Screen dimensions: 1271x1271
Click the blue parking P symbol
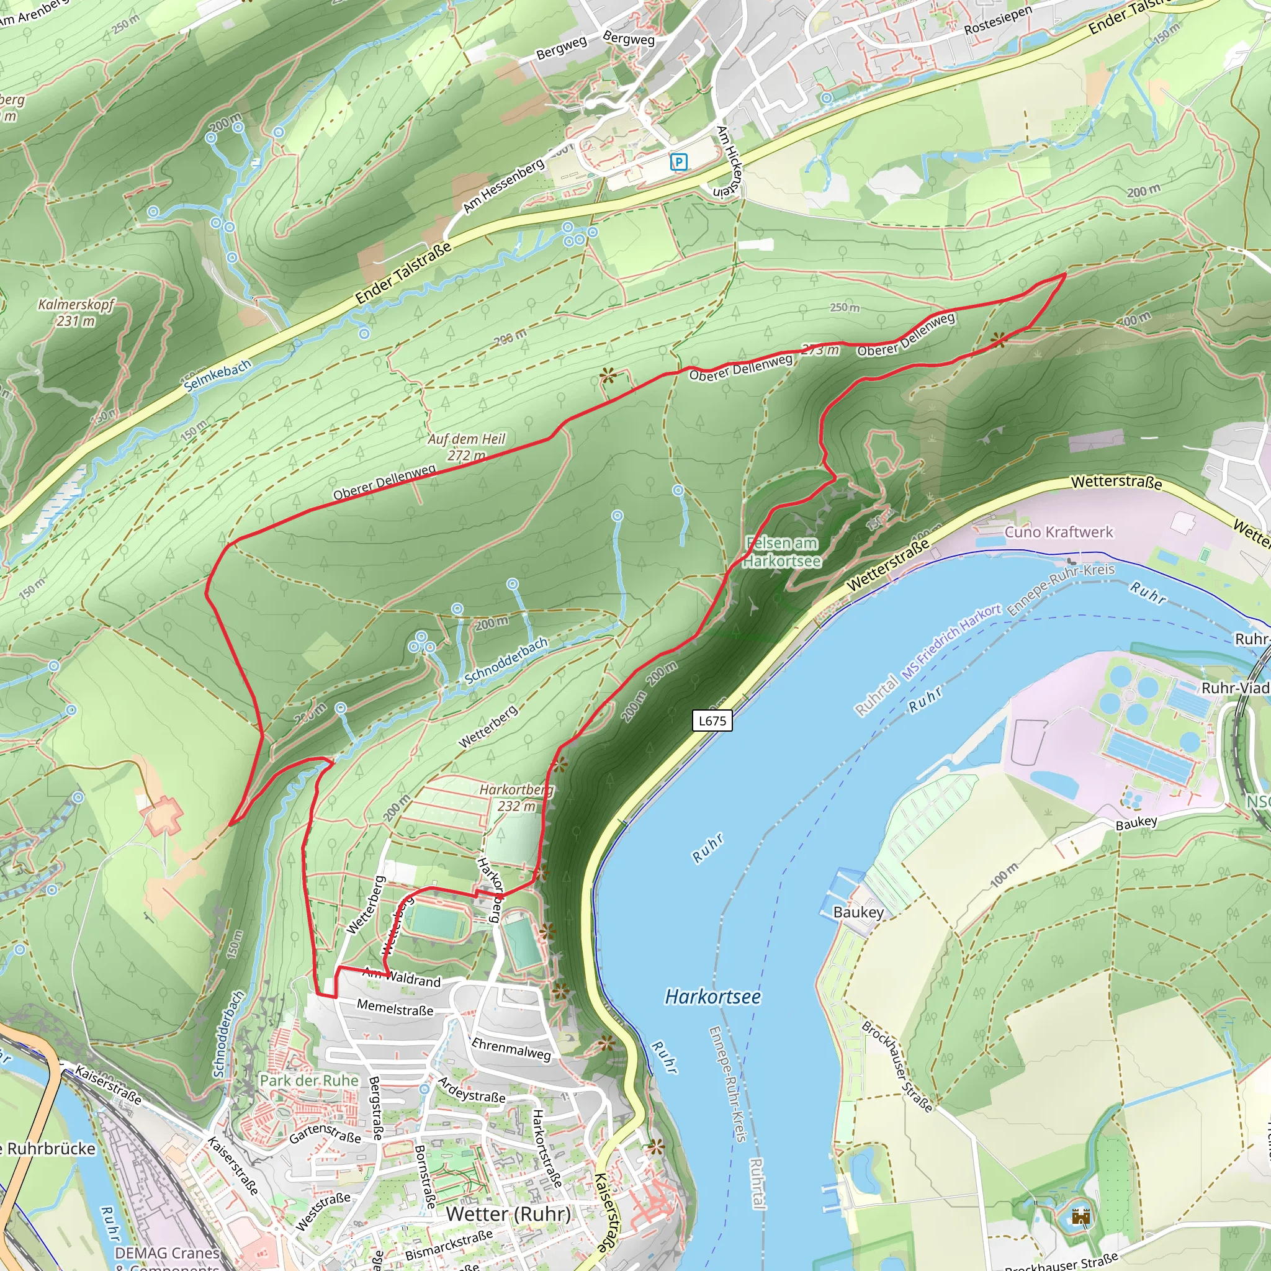point(678,161)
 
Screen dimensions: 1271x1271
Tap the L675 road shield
point(712,721)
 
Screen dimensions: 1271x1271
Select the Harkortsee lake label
point(712,997)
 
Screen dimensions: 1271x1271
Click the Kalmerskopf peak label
point(76,312)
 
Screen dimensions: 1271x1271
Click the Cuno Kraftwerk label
point(1059,532)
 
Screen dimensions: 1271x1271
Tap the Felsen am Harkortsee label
point(782,552)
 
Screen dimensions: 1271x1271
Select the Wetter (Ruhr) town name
point(508,1215)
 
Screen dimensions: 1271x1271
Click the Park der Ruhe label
point(309,1081)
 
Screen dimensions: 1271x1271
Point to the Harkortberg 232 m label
point(516,797)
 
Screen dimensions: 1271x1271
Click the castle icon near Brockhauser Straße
point(1080,1216)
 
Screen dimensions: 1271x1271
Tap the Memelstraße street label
point(395,1007)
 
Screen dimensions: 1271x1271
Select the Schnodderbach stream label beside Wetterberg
point(506,661)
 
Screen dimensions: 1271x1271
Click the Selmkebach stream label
point(217,375)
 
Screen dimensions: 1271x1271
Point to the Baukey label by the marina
point(858,912)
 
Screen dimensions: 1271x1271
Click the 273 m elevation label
point(820,349)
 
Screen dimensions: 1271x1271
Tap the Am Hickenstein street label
point(730,161)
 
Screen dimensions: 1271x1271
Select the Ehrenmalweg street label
point(511,1048)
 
